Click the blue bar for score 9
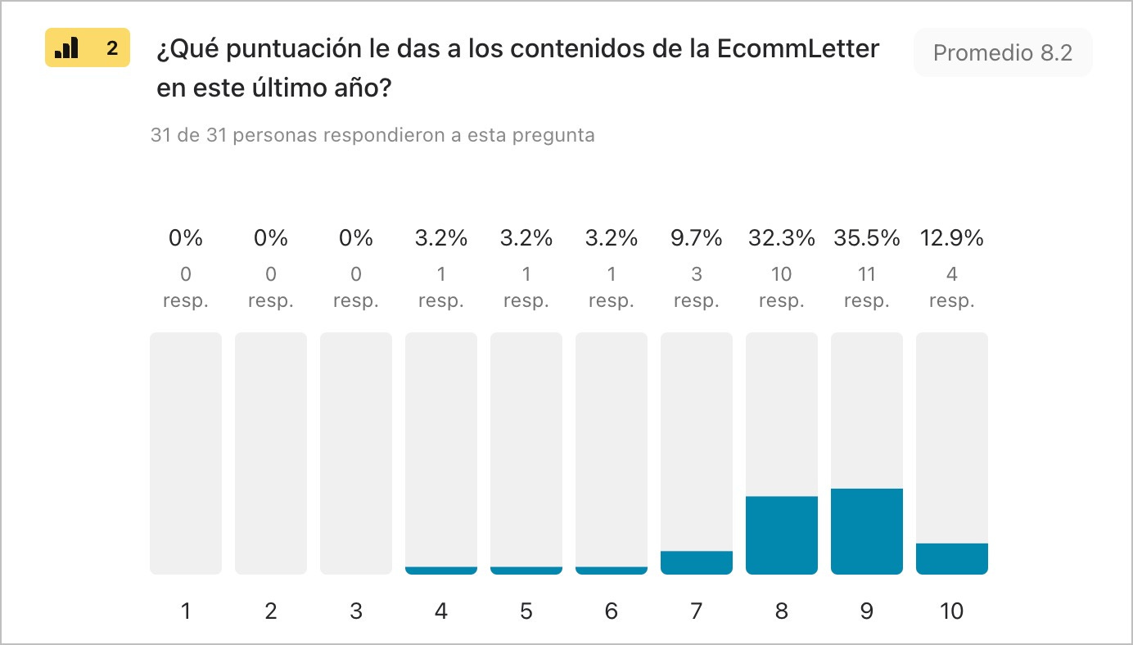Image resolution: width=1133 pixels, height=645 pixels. [866, 531]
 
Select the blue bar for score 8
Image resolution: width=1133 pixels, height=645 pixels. [781, 535]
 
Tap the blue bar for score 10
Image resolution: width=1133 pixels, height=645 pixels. [951, 558]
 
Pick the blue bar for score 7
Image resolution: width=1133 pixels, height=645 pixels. [696, 562]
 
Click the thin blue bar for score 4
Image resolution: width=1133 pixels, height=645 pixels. [441, 570]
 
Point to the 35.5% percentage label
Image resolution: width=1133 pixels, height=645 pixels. [866, 238]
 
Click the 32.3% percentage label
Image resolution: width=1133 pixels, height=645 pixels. [781, 238]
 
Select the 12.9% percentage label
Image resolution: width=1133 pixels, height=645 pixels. [951, 238]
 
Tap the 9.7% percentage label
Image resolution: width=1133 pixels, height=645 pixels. [696, 238]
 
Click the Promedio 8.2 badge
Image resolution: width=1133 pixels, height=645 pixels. [1002, 53]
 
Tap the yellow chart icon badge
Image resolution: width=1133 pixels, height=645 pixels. [87, 49]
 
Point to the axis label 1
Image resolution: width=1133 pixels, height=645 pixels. [186, 611]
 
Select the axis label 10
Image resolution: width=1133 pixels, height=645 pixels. [951, 611]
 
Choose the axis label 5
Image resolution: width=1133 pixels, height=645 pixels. [526, 611]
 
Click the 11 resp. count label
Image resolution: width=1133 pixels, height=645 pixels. [866, 287]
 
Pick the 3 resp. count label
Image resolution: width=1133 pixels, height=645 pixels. [696, 287]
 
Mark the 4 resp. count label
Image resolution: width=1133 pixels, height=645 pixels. [951, 287]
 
